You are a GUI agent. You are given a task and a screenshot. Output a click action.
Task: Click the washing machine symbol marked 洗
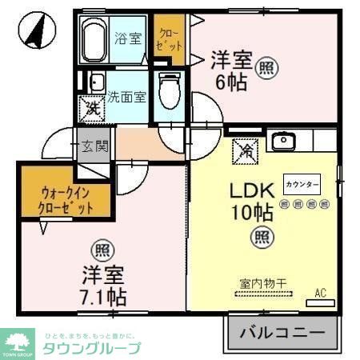pos(90,107)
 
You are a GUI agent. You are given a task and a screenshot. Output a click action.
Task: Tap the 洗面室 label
pos(127,97)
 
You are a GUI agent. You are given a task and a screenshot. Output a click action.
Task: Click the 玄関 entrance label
pos(95,146)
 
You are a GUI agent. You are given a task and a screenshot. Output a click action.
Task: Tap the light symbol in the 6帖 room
pos(267,69)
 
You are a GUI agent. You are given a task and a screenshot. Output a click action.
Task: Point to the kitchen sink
pos(282,142)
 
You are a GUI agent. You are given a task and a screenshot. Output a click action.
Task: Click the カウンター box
pos(302,185)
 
